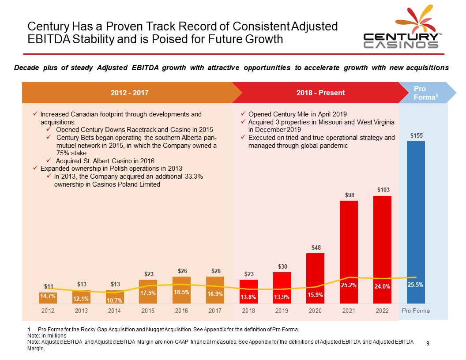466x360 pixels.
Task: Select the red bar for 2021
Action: tap(349, 251)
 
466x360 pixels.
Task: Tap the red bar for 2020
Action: tap(315, 278)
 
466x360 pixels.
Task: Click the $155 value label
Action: tap(415, 135)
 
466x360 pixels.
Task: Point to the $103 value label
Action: tap(382, 190)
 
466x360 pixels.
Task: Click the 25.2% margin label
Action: tap(349, 285)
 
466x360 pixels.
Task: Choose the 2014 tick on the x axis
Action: tap(115, 311)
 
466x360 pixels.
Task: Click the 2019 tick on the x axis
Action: tap(282, 311)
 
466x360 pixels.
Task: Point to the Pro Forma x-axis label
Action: tap(416, 311)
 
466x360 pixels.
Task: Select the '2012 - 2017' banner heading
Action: tap(130, 93)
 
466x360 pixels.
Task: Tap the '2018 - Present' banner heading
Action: tap(321, 93)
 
